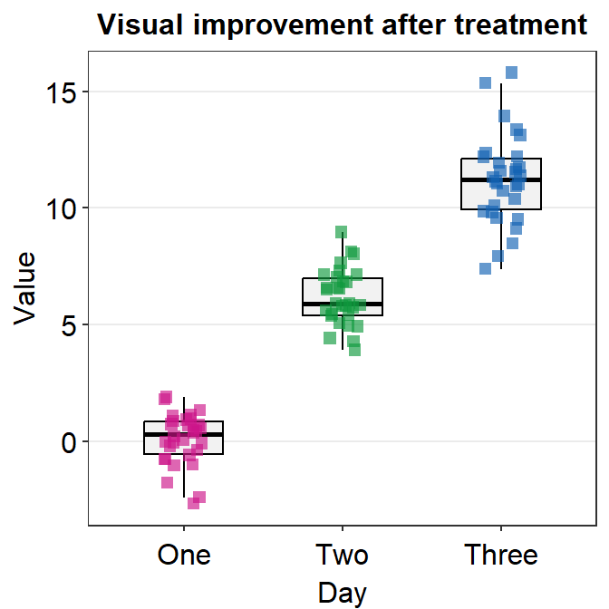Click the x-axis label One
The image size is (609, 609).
point(184,554)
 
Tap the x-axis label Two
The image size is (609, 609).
point(342,554)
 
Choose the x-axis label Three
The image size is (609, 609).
point(501,554)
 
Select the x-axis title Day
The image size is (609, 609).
point(343,594)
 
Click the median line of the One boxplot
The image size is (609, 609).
point(184,435)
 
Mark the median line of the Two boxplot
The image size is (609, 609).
point(343,304)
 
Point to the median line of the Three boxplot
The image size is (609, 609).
point(501,180)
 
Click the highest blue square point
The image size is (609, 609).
point(511,72)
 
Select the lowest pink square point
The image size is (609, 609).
point(193,503)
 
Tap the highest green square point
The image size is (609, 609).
point(342,233)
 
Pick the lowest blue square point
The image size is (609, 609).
point(486,268)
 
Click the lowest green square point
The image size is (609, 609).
point(354,350)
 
